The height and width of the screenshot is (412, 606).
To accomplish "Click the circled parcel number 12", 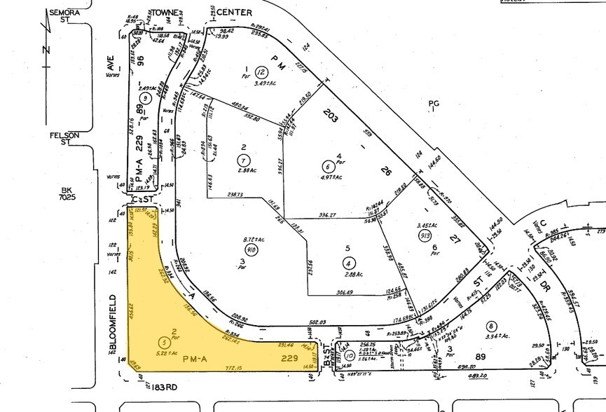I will click(x=261, y=72).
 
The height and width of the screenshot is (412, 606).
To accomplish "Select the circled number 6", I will click(x=327, y=166).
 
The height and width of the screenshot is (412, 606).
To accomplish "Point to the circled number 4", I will click(x=348, y=263).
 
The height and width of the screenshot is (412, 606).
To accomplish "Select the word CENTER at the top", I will click(x=233, y=13).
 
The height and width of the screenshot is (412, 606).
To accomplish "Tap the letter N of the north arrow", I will click(x=45, y=50).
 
